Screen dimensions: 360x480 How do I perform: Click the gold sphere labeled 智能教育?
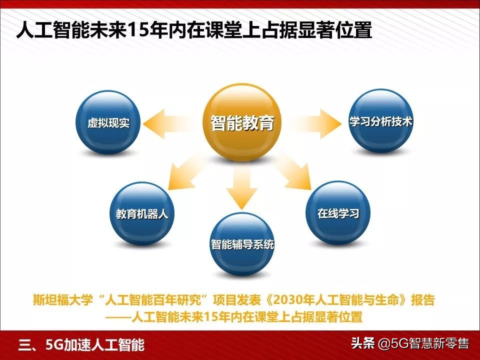(x=242, y=123)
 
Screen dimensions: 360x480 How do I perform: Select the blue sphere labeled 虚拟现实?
(x=108, y=122)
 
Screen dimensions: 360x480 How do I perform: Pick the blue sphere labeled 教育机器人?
(x=141, y=214)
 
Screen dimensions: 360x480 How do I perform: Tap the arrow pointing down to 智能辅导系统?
(x=241, y=187)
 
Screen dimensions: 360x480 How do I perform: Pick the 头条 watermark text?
(x=362, y=344)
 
